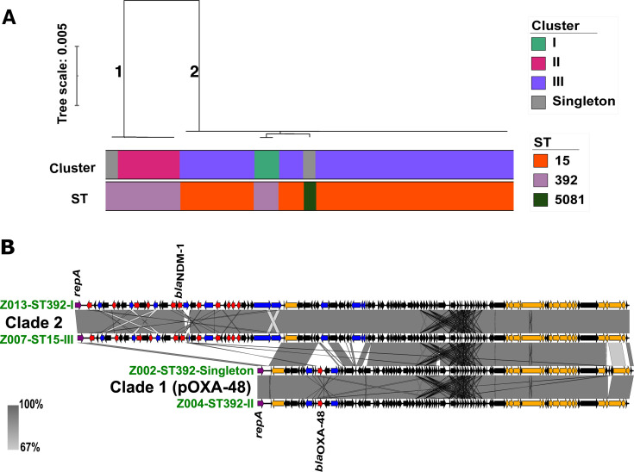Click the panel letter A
tap(9, 17)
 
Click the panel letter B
tap(8, 247)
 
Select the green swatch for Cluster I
tap(538, 44)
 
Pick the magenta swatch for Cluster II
tap(538, 63)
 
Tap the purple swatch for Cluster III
tap(538, 83)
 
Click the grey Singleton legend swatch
tap(538, 102)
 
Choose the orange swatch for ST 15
tap(541, 161)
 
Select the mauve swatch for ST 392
tap(541, 180)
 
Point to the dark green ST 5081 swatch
tap(541, 200)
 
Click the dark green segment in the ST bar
tap(310, 196)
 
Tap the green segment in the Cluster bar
tap(267, 165)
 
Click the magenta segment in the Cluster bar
tap(148, 165)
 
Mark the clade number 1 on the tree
tap(118, 71)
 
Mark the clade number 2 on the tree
tap(194, 71)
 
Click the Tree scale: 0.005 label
tap(62, 74)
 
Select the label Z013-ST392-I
tap(37, 304)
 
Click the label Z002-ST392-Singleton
tap(191, 370)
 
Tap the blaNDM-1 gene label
tap(180, 271)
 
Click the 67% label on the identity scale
tap(30, 447)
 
